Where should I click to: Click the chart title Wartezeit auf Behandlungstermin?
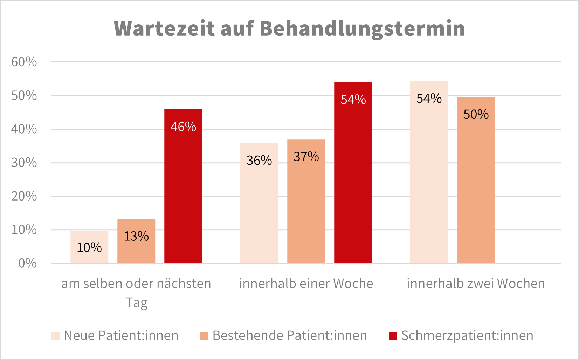point(289,28)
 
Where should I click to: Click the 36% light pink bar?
point(259,210)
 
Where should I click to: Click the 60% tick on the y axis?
point(24,62)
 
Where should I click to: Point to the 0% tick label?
point(27,263)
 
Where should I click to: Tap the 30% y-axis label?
point(24,163)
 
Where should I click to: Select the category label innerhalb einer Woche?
point(306,284)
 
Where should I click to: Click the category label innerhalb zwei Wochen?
point(476,284)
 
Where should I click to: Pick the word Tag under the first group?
point(136,303)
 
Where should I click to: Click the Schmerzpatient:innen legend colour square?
point(393,336)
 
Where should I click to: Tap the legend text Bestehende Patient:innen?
point(290,335)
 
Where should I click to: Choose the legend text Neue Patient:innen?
point(121,335)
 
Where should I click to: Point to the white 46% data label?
point(183,127)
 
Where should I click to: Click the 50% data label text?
point(476,114)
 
